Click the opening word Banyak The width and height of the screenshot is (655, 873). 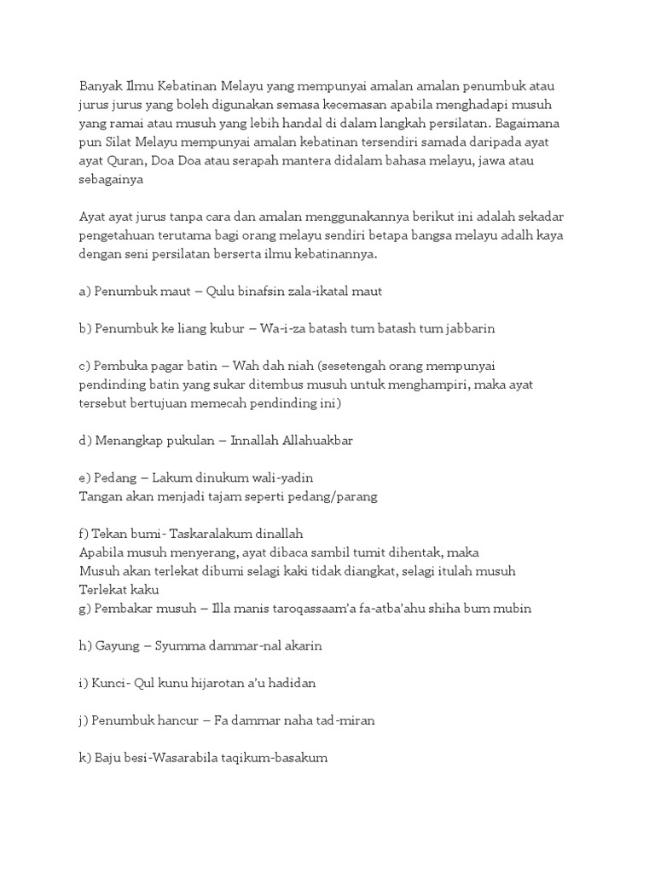click(101, 86)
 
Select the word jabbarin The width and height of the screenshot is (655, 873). click(465, 329)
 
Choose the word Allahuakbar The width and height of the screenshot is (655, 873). click(317, 441)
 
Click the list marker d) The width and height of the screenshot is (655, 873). click(84, 441)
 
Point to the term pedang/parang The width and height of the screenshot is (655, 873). click(332, 497)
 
